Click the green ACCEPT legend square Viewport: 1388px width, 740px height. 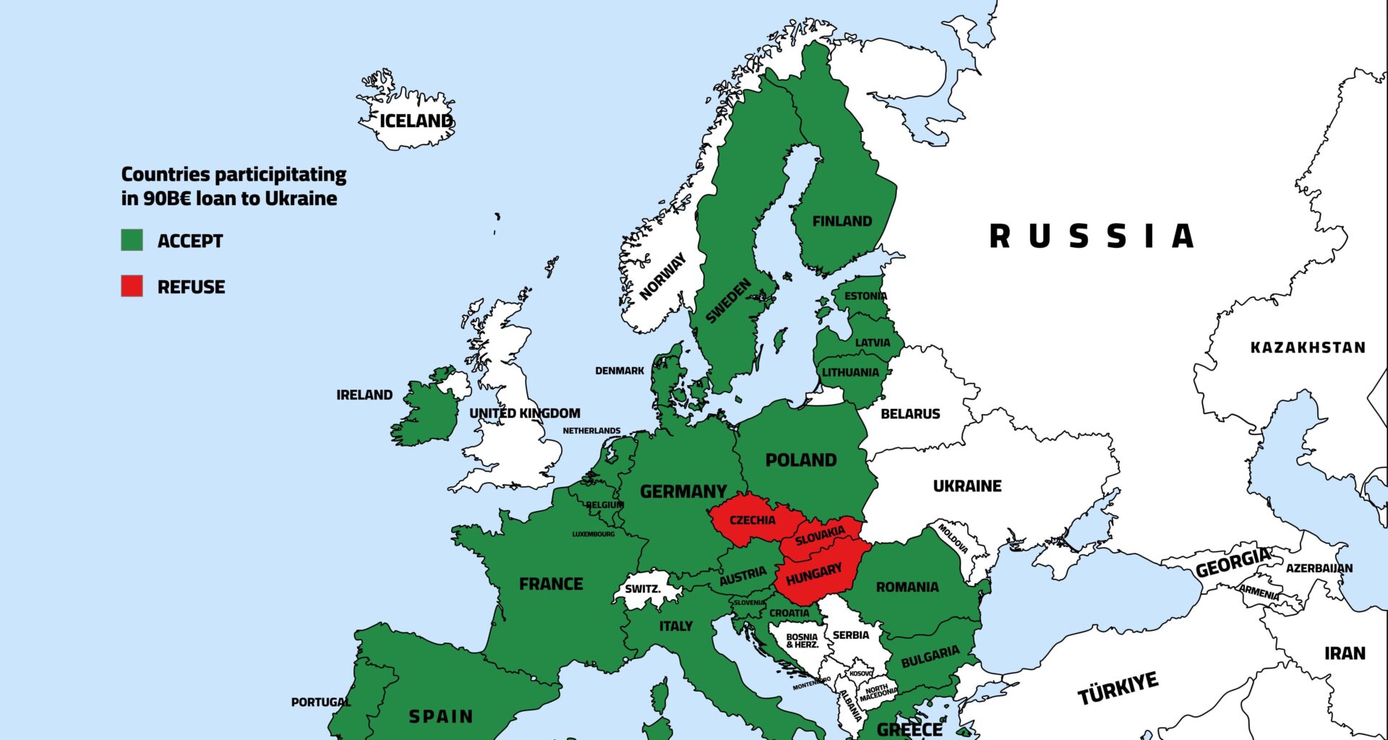(132, 240)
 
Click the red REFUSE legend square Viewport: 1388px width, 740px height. (132, 285)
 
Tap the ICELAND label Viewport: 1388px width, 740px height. (416, 121)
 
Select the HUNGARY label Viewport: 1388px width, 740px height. (814, 575)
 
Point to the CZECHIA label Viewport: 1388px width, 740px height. (752, 520)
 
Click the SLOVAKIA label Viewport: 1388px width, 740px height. (820, 535)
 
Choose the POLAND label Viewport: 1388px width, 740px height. (801, 460)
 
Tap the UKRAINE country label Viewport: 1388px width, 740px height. (967, 486)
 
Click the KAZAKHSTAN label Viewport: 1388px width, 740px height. (1308, 348)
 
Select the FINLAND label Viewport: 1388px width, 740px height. (842, 221)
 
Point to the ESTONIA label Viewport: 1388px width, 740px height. (865, 296)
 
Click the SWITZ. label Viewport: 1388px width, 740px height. (643, 588)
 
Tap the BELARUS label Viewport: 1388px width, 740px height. (910, 413)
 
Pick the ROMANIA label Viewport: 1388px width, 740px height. (907, 587)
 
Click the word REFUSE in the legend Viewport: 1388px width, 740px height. (191, 287)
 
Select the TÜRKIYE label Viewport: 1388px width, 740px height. (1118, 687)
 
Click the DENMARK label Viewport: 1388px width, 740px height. (620, 371)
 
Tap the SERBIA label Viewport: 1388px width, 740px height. (851, 634)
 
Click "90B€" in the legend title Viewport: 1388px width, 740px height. (167, 199)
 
